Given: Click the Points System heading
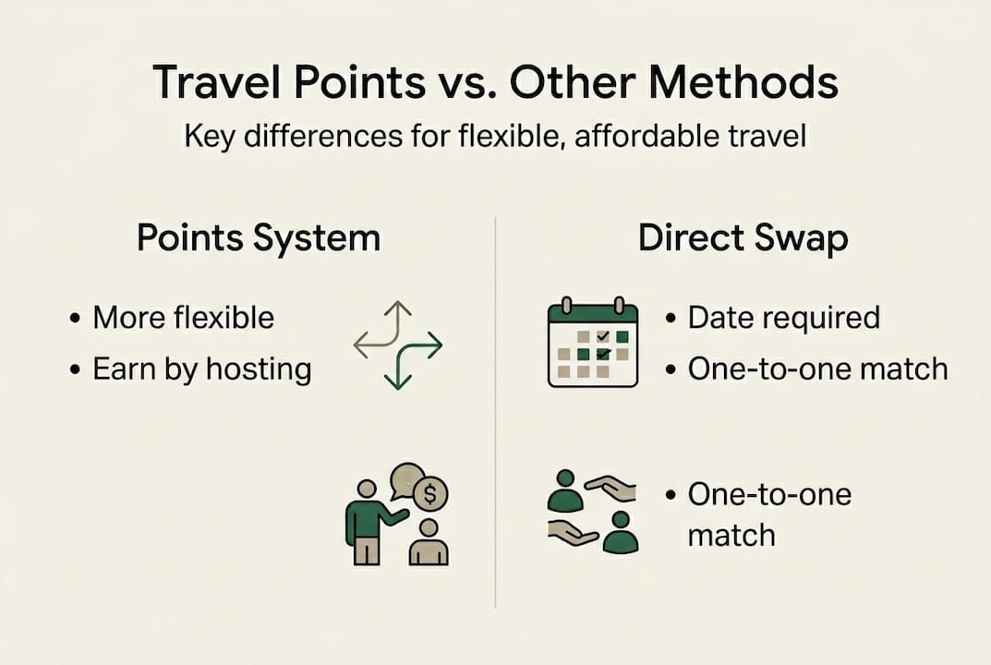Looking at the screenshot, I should (x=258, y=237).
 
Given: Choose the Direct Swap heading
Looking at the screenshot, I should (x=743, y=237).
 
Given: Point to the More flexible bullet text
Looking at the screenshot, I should (x=183, y=318).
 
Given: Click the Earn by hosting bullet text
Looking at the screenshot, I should (x=201, y=369).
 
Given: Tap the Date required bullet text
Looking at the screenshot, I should (x=783, y=318).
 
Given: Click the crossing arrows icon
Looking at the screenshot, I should (x=398, y=344).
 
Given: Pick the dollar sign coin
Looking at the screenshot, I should (x=429, y=495).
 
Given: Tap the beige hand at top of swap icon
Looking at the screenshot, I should (x=612, y=488).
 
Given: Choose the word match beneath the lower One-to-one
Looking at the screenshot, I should (x=731, y=535).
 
